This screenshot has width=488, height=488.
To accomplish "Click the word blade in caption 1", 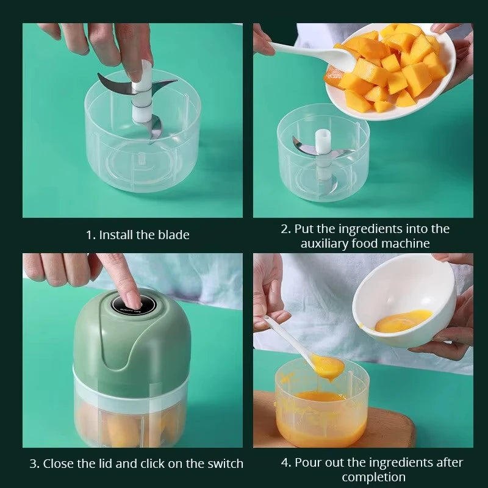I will [173, 235].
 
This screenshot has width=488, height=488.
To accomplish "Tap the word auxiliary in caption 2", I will [327, 243].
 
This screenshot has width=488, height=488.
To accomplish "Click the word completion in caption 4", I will [373, 477].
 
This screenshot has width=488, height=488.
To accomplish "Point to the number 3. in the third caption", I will [35, 464].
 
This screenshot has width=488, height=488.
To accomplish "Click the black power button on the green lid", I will [133, 302].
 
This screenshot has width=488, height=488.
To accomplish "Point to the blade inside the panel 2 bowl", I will [305, 146].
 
